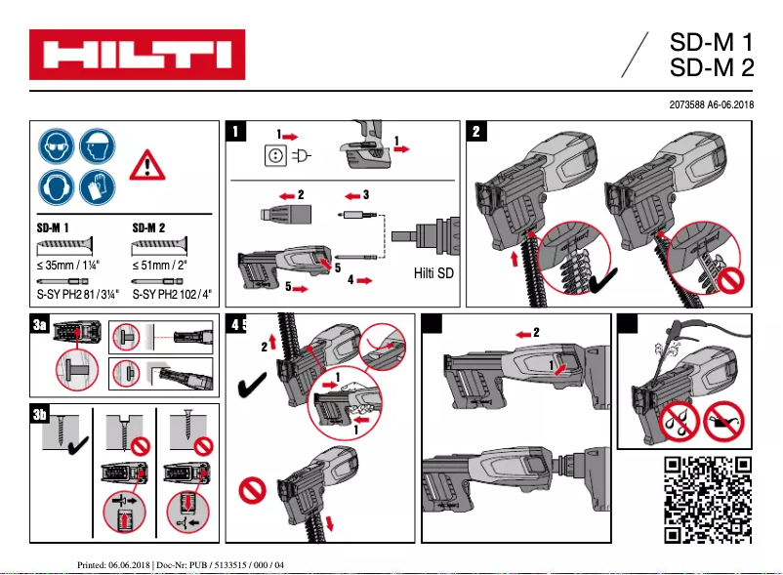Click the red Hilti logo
pyautogui.click(x=136, y=55)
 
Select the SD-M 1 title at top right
pyautogui.click(x=712, y=43)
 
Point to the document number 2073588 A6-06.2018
pyautogui.click(x=709, y=103)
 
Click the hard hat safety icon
pyautogui.click(x=98, y=148)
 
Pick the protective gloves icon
pyautogui.click(x=98, y=186)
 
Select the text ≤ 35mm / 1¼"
pyautogui.click(x=70, y=264)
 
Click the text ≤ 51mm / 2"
pyautogui.click(x=160, y=264)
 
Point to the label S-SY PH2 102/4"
pyautogui.click(x=170, y=292)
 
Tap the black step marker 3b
pyautogui.click(x=40, y=415)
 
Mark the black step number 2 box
pyautogui.click(x=476, y=131)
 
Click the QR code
pyautogui.click(x=708, y=499)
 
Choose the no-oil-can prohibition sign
pyautogui.click(x=722, y=420)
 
